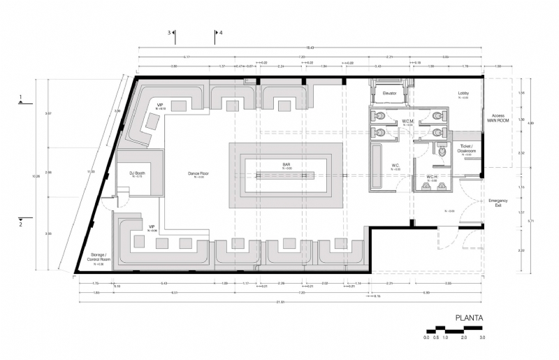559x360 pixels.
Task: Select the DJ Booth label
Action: click(137, 173)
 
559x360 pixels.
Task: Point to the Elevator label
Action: click(390, 93)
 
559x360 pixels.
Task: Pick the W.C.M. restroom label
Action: click(408, 122)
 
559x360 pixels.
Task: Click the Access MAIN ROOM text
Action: click(498, 117)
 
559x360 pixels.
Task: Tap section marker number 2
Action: click(21, 224)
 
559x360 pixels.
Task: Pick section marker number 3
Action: click(169, 32)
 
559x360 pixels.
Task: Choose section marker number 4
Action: click(221, 32)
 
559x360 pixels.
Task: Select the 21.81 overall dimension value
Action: click(279, 301)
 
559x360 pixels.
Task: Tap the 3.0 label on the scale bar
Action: click(482, 338)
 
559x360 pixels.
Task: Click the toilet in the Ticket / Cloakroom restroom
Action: click(442, 149)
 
